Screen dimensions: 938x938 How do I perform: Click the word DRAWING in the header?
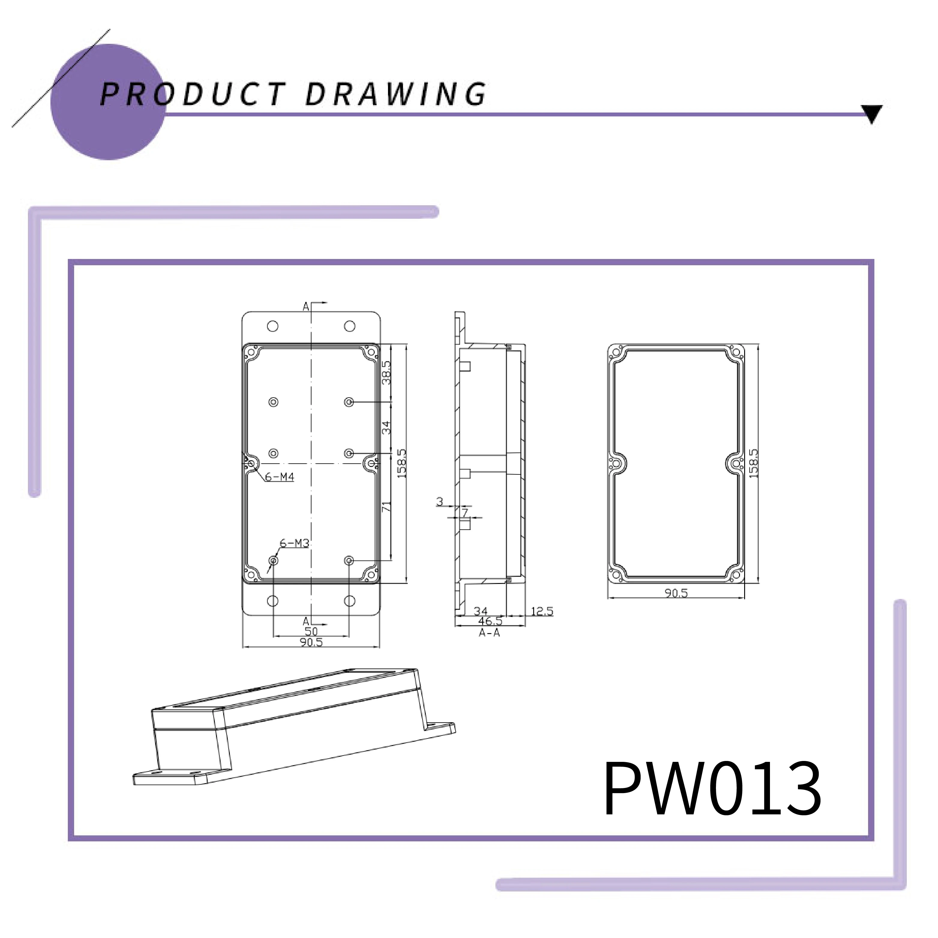396,94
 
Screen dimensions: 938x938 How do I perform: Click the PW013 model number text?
712,789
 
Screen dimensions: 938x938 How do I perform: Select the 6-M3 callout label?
294,543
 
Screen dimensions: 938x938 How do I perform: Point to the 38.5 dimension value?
386,372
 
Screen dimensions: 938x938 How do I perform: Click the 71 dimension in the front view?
386,507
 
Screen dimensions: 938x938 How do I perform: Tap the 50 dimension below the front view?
311,631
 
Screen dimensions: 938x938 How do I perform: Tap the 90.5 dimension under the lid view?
676,593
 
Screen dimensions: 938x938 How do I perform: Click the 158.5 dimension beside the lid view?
753,463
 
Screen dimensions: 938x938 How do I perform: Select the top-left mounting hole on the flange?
273,326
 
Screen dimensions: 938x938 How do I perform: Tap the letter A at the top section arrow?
306,306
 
